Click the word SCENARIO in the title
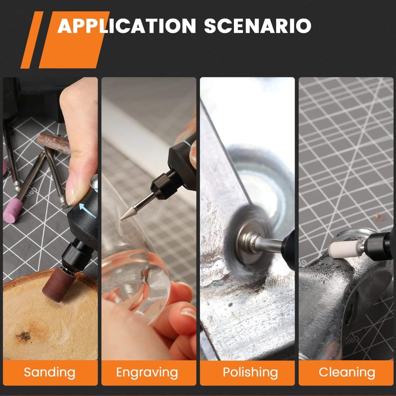(x=258, y=26)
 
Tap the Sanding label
(x=50, y=372)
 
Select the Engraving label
(x=147, y=372)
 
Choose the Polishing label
(x=250, y=372)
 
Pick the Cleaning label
(x=346, y=372)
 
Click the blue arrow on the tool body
(x=82, y=211)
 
